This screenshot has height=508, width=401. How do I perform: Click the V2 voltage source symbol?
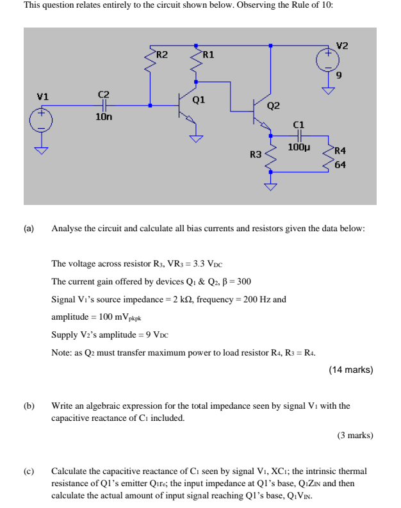[x=327, y=61]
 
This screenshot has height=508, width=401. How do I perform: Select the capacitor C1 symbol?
[x=298, y=136]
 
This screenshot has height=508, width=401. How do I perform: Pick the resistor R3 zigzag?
[x=271, y=156]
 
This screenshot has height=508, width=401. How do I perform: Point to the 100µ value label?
[x=299, y=147]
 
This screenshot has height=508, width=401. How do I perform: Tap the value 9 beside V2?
[x=339, y=76]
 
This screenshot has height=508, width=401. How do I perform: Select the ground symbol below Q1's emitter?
[x=195, y=136]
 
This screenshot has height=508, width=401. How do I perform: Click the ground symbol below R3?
[x=271, y=186]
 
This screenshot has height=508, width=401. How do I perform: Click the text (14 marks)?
[x=350, y=370]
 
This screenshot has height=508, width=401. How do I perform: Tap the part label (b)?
[x=29, y=406]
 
